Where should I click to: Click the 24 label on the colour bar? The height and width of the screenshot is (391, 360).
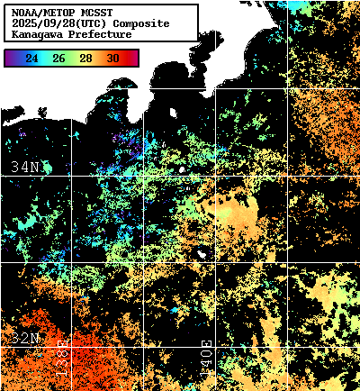31,59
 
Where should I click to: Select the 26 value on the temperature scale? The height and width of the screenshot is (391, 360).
58,59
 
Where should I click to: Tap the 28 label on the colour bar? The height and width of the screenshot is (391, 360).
86,59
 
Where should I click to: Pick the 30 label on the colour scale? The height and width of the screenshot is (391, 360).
113,59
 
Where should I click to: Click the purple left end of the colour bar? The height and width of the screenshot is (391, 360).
9,59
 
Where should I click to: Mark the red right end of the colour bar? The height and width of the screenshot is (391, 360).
134,59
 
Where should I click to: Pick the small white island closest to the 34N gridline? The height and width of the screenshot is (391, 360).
182,168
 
